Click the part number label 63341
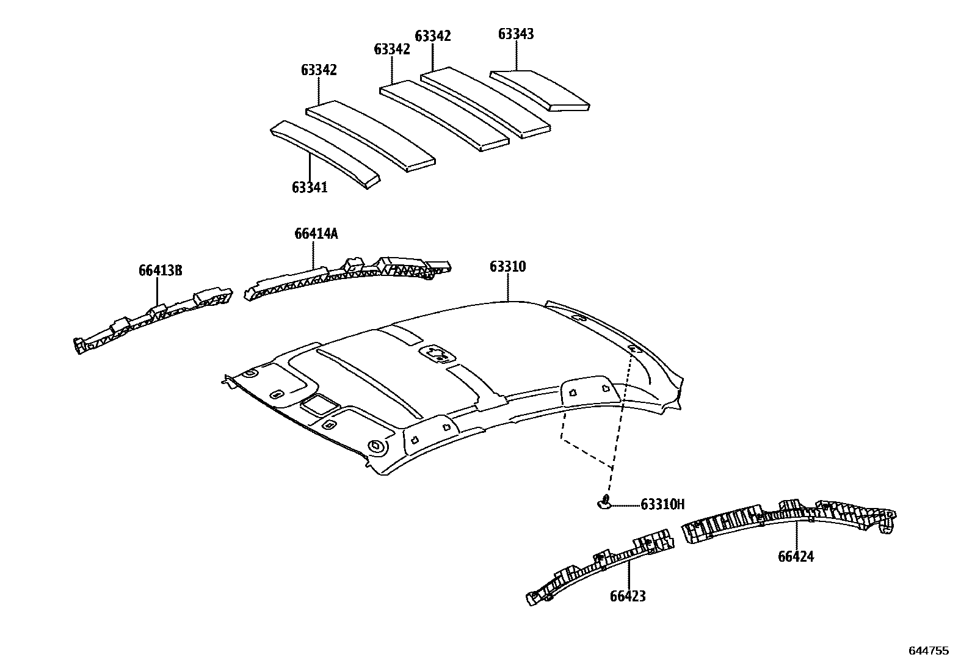[x=310, y=187]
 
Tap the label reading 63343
[x=516, y=34]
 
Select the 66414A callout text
[x=316, y=234]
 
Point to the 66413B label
[x=161, y=270]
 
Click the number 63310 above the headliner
[x=507, y=267]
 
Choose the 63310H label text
[x=662, y=504]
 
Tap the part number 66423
[x=628, y=597]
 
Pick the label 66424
[x=796, y=557]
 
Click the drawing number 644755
[x=929, y=651]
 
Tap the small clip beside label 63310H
[x=604, y=502]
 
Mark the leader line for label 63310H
[x=625, y=505]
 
